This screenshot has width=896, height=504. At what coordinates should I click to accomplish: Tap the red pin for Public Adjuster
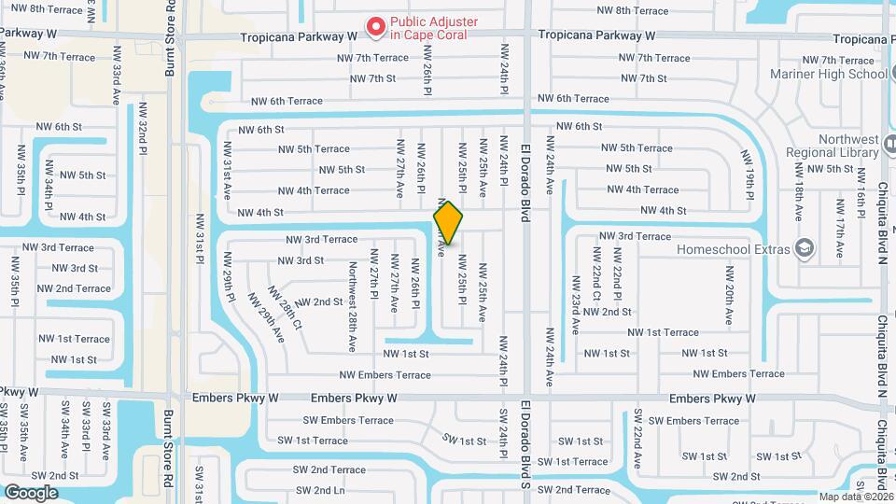376,28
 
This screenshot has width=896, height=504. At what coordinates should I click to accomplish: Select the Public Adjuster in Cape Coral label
434,27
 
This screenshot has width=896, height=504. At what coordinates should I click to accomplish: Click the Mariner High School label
829,74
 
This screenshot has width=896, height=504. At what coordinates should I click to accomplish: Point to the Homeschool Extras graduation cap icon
804,248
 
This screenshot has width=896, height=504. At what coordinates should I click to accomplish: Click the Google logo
31,492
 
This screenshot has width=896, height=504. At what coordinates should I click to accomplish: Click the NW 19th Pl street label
748,175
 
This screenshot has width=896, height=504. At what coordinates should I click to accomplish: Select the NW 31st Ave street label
226,171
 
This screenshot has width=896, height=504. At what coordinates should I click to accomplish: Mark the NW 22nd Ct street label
595,275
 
